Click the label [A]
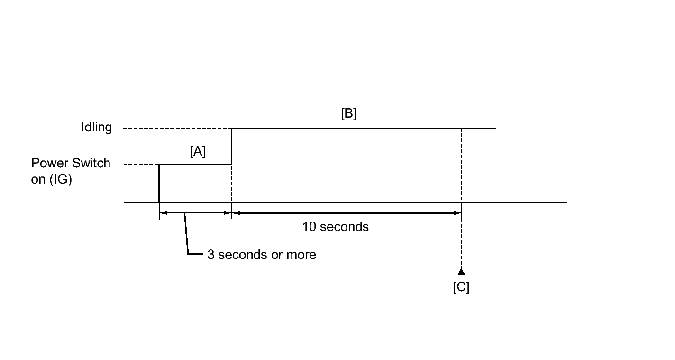(x=198, y=152)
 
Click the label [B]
(x=348, y=115)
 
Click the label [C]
(x=461, y=287)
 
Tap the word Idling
(x=96, y=128)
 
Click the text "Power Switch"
(x=71, y=163)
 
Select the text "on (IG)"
(x=51, y=180)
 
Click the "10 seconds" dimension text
(x=335, y=227)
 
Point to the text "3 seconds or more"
(x=262, y=255)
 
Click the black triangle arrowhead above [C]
(x=461, y=272)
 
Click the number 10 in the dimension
(x=310, y=227)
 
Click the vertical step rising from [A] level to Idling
(x=231, y=146)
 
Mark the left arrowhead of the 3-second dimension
(x=162, y=213)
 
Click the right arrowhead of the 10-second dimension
(x=457, y=213)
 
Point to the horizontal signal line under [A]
(x=195, y=164)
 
